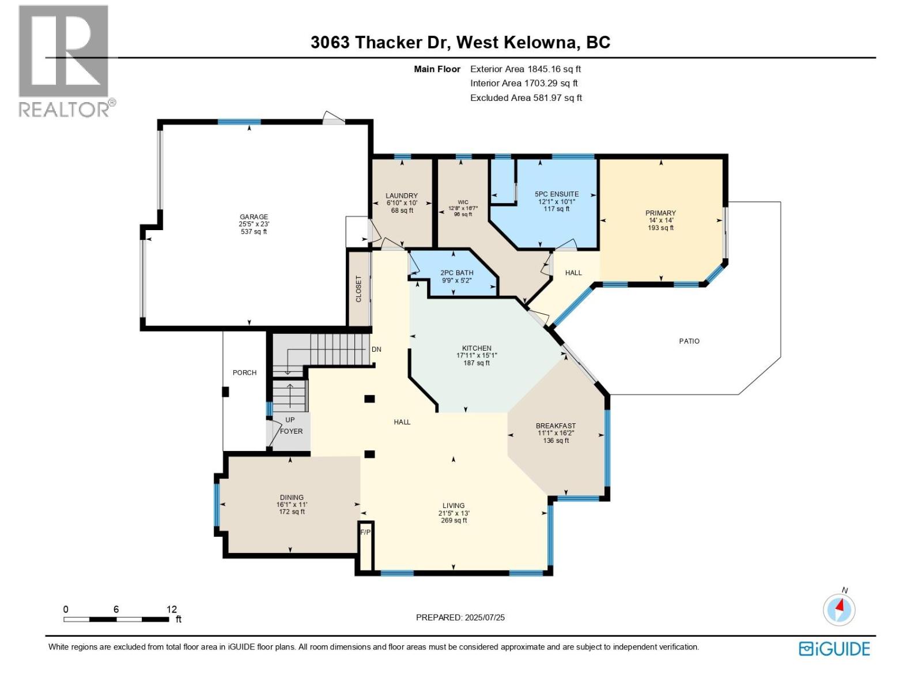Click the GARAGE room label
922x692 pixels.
254,217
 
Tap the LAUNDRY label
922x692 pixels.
402,196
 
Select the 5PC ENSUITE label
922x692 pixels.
557,194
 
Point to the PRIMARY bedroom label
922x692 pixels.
660,213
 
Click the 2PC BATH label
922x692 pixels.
456,273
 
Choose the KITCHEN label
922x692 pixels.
477,348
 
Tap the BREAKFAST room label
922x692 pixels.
556,426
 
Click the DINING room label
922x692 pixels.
292,498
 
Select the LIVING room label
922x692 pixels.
454,506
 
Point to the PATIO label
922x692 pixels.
689,341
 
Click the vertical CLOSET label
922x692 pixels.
358,289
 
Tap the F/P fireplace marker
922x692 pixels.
365,532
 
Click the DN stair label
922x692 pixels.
376,349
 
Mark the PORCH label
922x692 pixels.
244,373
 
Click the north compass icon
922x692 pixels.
839,609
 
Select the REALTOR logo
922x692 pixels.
65,61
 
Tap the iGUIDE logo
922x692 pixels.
834,649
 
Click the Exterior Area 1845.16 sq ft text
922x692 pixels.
525,69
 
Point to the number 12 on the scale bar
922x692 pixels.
172,610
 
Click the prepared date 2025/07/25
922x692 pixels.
483,618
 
